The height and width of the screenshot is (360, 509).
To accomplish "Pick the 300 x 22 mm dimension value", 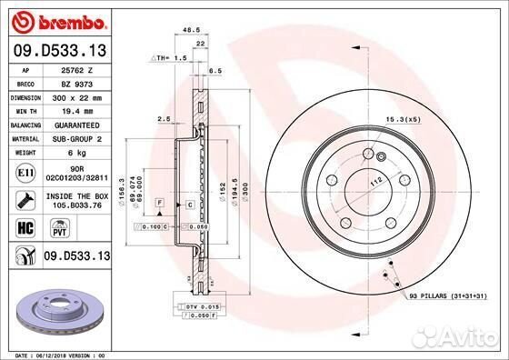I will pos(76,96).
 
